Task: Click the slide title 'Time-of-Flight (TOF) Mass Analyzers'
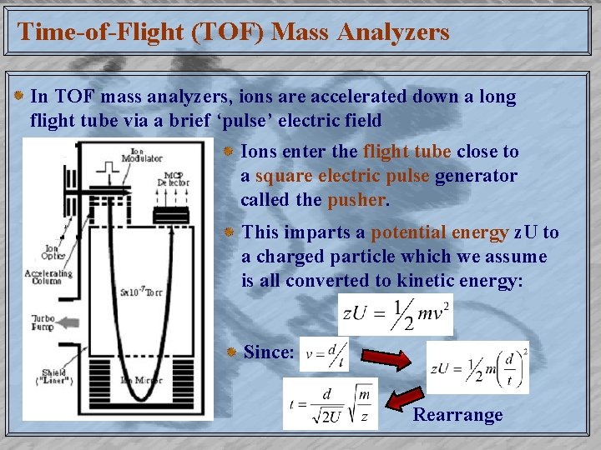[x=233, y=32]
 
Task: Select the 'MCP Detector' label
[x=173, y=178]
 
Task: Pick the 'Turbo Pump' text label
[x=43, y=323]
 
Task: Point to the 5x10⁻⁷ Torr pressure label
[x=143, y=292]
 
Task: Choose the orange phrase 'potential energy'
[x=440, y=233]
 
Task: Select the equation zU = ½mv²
[x=396, y=314]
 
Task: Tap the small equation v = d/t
[x=324, y=353]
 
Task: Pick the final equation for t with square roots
[x=330, y=403]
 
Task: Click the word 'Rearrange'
[x=458, y=415]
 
